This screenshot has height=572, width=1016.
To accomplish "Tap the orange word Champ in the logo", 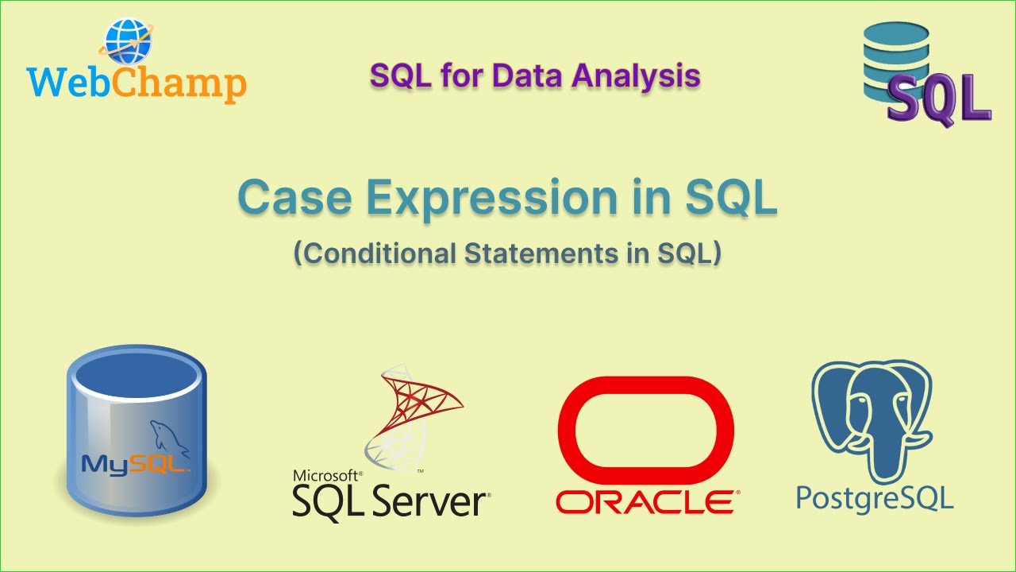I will point(180,83).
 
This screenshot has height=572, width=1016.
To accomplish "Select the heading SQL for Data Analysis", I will point(535,75).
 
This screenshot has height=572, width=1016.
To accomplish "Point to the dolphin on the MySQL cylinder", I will point(169,437).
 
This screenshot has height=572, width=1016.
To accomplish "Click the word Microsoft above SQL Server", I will point(326,475).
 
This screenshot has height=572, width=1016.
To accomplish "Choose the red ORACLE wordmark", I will point(645,502).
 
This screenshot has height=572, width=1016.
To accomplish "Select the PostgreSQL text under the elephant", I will point(874,499).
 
